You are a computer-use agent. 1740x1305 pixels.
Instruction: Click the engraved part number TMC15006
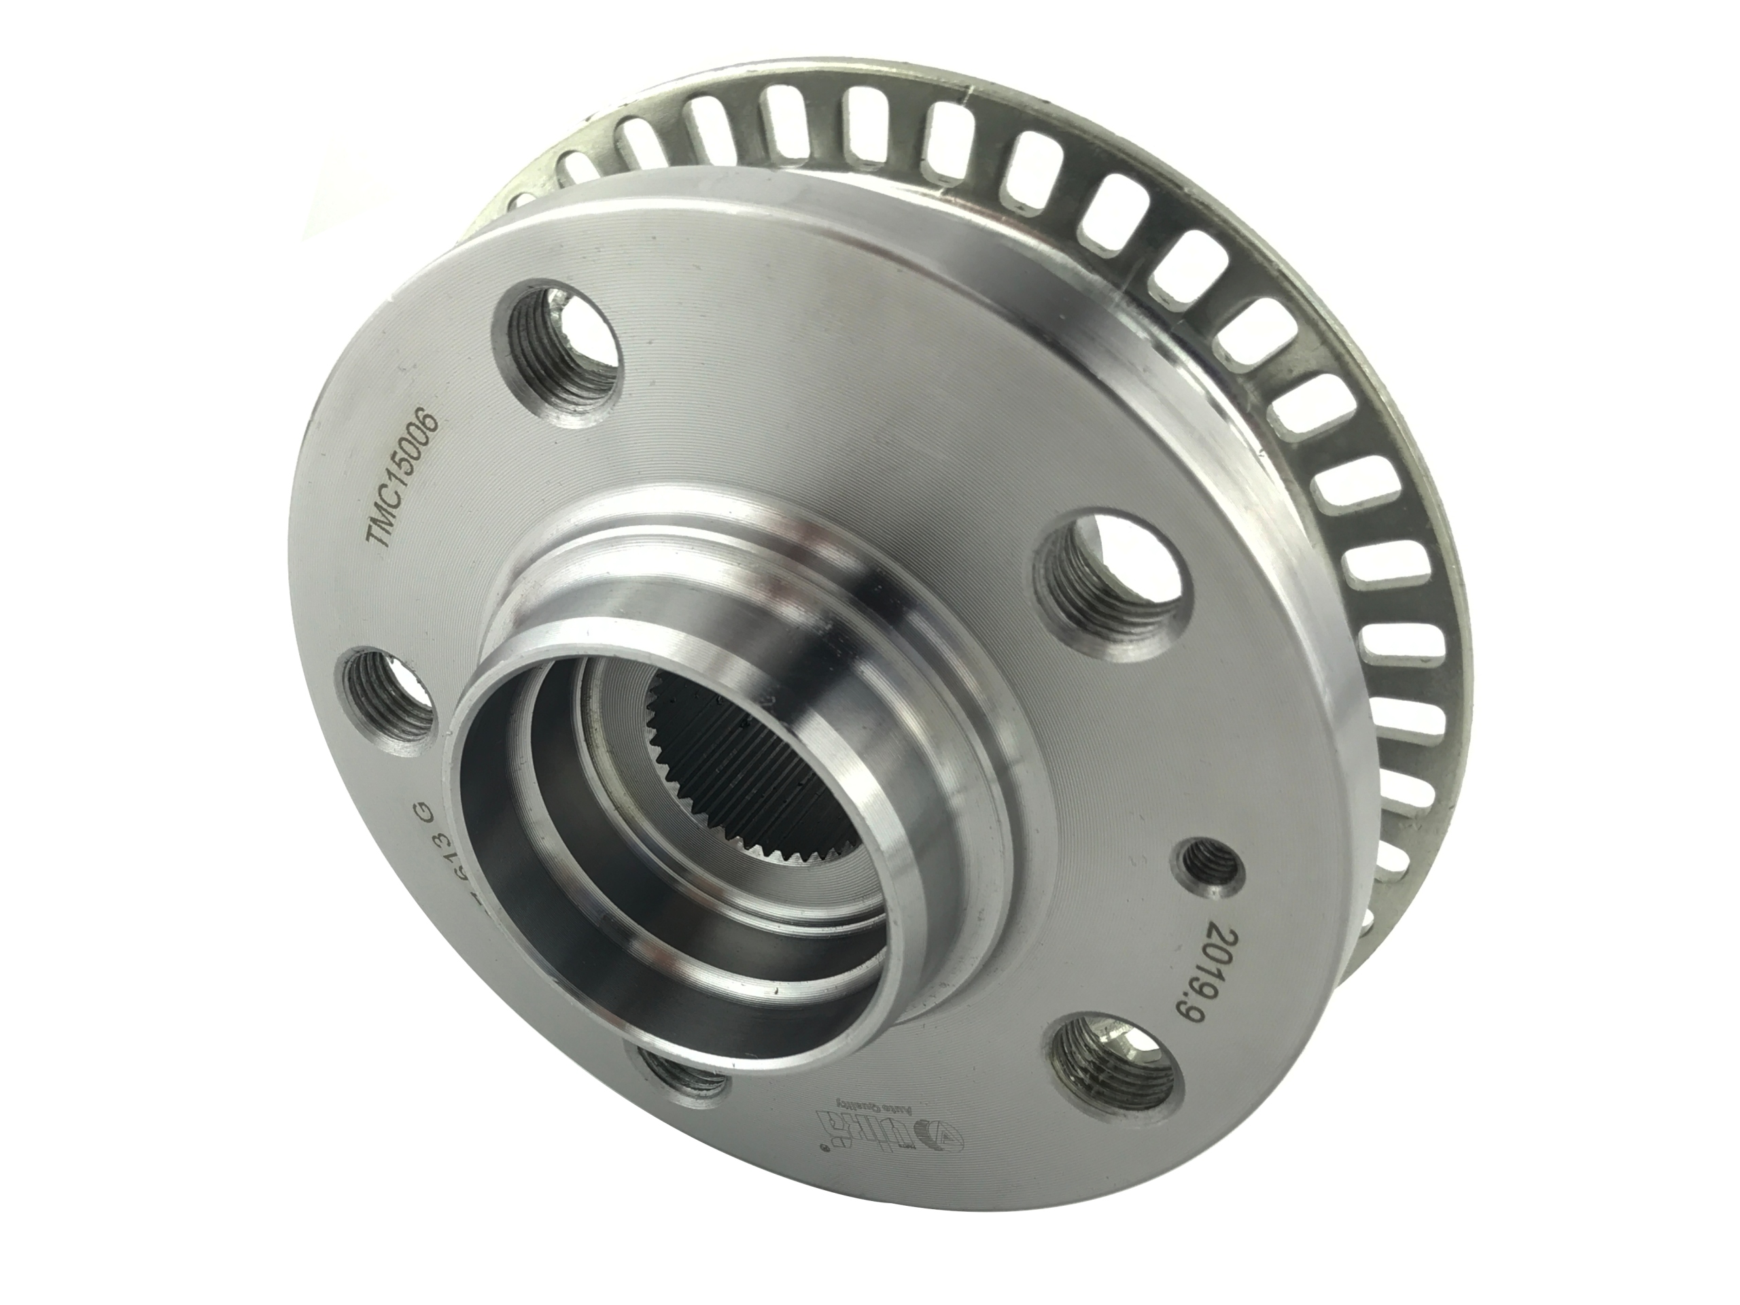[x=404, y=479]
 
